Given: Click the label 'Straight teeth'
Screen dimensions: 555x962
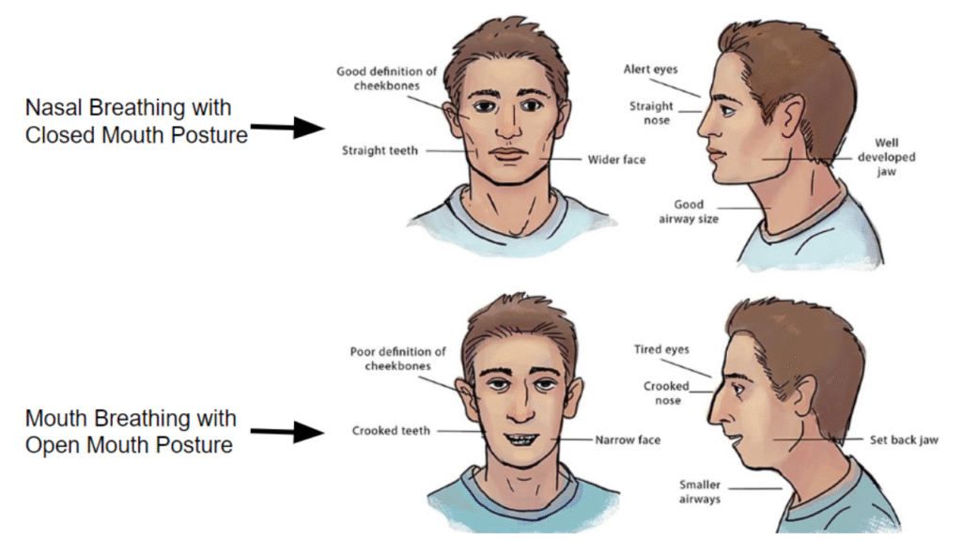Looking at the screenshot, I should [x=380, y=150].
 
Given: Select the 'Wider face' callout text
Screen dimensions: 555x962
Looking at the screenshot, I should [x=616, y=160].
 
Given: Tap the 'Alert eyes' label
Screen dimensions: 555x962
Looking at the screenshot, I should [x=650, y=69].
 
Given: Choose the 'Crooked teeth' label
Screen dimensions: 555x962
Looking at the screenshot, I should [x=391, y=431].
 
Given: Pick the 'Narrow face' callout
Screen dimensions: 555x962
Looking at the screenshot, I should [x=628, y=439].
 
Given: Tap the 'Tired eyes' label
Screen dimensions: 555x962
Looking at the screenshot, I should [x=661, y=349].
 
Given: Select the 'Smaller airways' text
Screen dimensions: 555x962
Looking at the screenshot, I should [x=700, y=492].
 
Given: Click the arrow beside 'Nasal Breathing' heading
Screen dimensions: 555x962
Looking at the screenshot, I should [x=287, y=129].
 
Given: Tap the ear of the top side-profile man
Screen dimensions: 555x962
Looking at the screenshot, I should [x=791, y=116].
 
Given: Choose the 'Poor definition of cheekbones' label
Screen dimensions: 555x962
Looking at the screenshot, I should [x=397, y=359].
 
